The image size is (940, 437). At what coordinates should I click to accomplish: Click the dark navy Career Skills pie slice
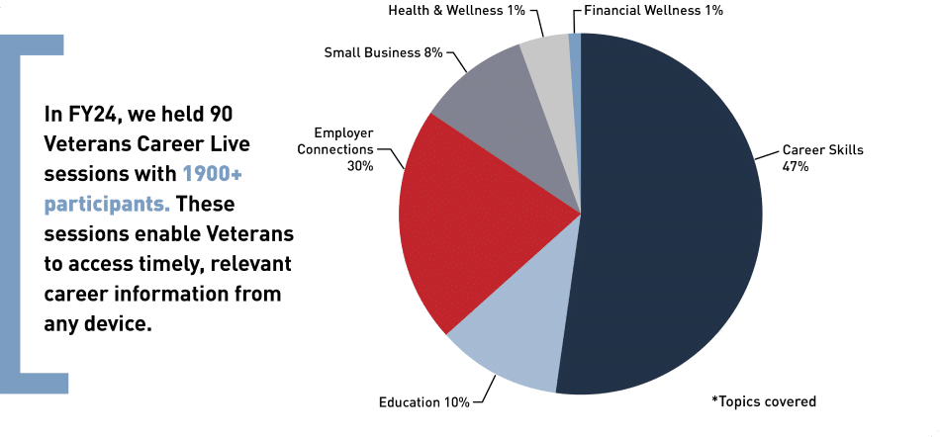click(x=673, y=218)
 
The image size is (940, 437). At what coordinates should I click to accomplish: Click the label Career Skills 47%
click(x=822, y=158)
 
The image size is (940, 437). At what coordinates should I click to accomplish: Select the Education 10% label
click(x=423, y=402)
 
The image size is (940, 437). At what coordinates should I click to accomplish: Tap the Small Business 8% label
click(x=383, y=52)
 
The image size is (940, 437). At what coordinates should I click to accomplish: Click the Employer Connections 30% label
click(x=346, y=149)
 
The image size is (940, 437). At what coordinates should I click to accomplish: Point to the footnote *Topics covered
click(x=764, y=401)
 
